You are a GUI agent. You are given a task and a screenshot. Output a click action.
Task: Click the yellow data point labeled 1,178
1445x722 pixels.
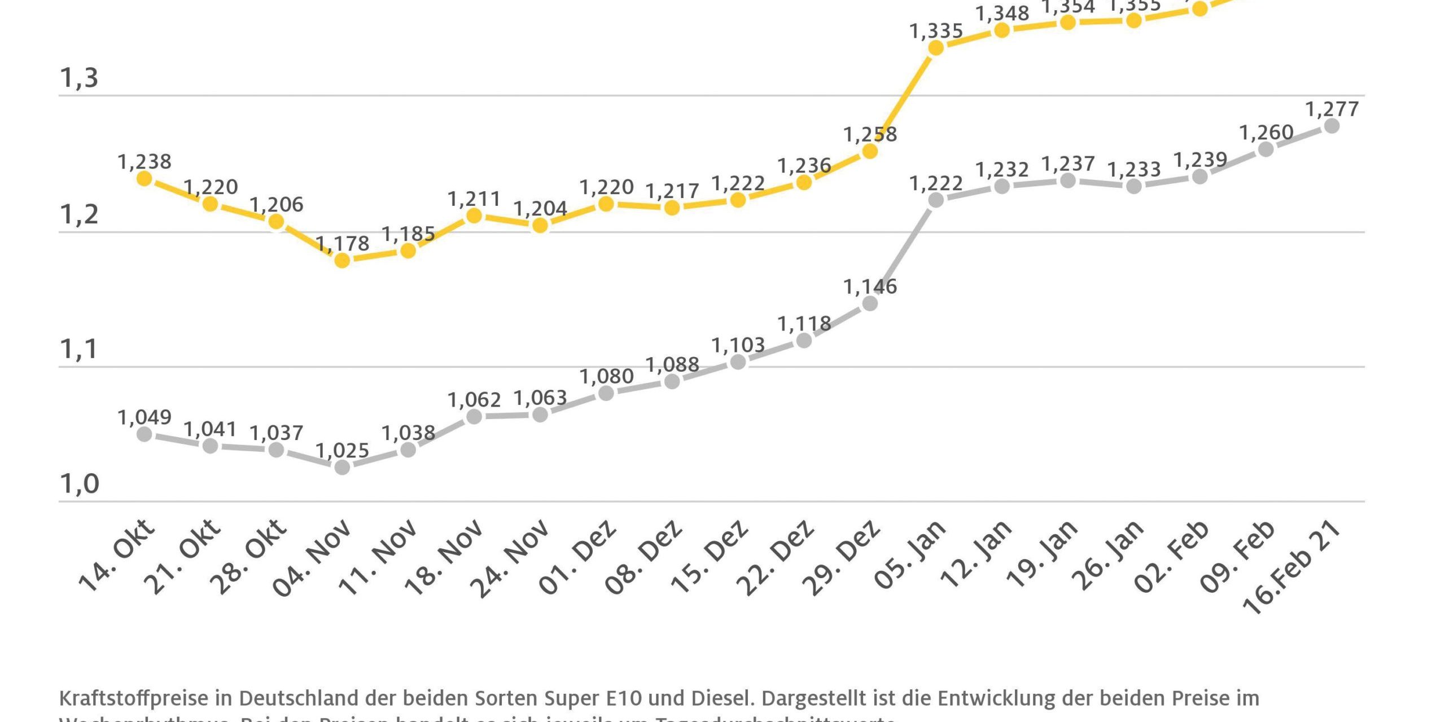coord(342,260)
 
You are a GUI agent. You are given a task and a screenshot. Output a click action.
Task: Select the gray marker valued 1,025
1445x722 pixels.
coord(342,467)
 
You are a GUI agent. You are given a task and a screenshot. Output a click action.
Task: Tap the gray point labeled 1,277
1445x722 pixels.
coord(1332,126)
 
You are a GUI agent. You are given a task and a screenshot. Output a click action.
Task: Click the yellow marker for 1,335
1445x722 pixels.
coord(936,48)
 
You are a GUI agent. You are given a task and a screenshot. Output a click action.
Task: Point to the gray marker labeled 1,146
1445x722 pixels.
coord(870,303)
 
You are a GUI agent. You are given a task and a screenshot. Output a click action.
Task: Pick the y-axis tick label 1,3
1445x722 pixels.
coord(79,78)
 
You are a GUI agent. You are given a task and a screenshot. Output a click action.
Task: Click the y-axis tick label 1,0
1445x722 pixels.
coord(79,484)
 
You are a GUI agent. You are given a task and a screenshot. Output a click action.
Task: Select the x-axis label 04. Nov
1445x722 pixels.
coord(312,558)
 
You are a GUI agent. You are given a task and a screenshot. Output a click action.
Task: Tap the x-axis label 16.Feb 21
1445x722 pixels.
coord(1292,567)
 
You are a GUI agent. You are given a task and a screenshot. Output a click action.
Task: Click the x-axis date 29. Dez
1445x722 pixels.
coord(840,558)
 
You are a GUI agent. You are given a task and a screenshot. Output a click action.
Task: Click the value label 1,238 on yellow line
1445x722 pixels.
coord(144,162)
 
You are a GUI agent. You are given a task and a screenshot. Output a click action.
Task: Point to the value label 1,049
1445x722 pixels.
coord(144,417)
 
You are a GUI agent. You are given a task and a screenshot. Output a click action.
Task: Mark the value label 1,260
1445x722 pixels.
coord(1266,133)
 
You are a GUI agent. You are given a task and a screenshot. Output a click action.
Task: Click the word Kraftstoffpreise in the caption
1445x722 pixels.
coord(133,698)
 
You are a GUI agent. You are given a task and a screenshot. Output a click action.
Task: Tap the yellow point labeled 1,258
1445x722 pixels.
coord(870,151)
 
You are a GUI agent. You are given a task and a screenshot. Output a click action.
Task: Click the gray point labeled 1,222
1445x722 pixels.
coord(936,200)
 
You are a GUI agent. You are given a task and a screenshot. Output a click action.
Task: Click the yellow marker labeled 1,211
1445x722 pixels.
coord(474,215)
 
